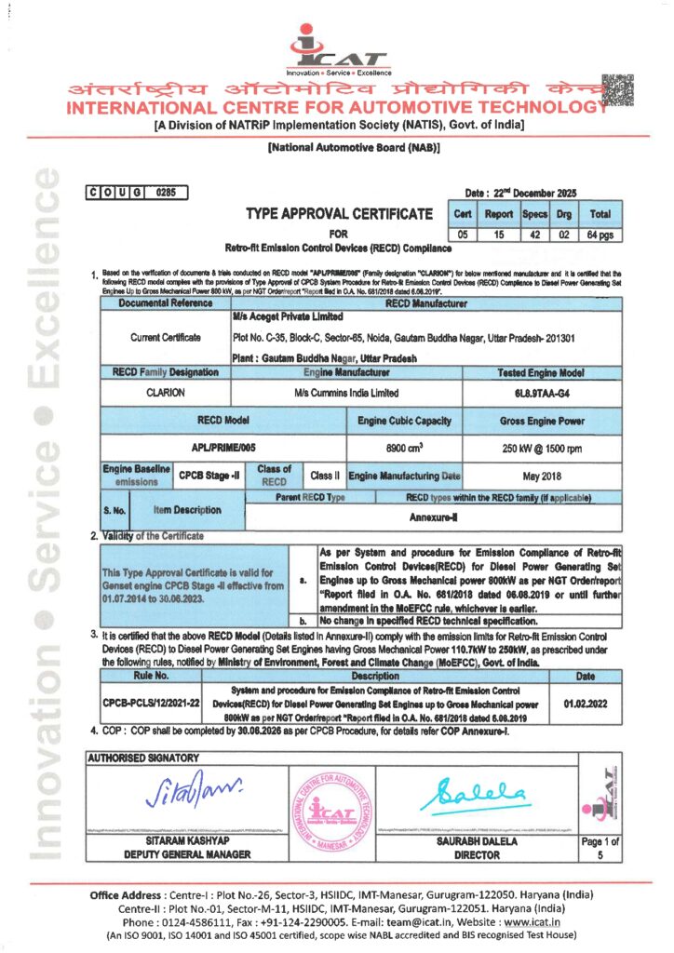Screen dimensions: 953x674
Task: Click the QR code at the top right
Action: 617,90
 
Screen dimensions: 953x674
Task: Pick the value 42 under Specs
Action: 534,235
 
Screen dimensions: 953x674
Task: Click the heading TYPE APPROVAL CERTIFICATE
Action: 340,214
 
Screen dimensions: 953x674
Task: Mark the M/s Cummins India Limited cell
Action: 346,393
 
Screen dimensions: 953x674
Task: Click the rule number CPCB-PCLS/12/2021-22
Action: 151,705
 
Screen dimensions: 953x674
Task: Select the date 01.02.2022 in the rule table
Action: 586,705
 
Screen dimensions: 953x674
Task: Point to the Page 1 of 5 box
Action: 600,848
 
